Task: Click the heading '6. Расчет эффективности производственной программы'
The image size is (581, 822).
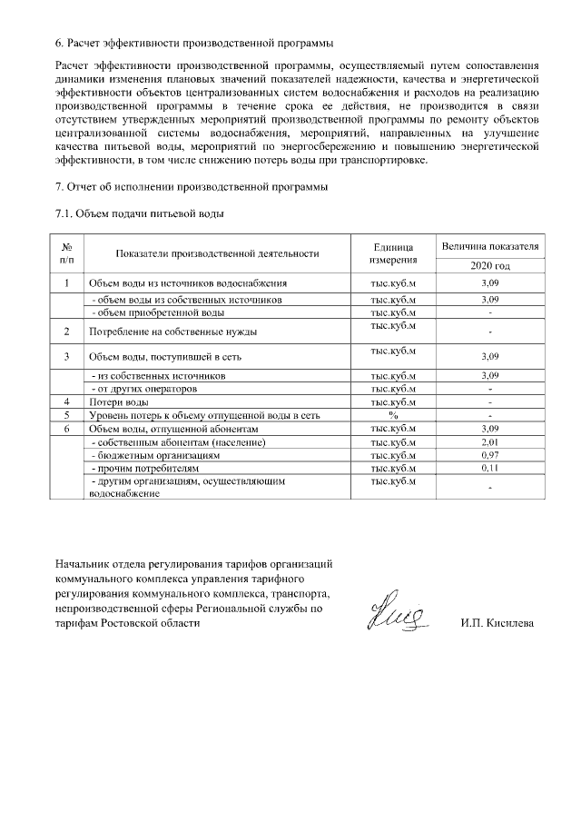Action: (193, 44)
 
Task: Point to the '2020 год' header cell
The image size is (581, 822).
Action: (490, 266)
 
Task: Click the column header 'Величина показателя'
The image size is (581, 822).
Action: (490, 247)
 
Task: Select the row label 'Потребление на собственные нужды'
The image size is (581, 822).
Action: (172, 332)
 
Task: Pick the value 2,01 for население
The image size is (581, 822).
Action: (490, 441)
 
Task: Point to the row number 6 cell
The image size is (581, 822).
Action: (67, 428)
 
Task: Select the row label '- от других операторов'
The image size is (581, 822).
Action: (145, 389)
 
